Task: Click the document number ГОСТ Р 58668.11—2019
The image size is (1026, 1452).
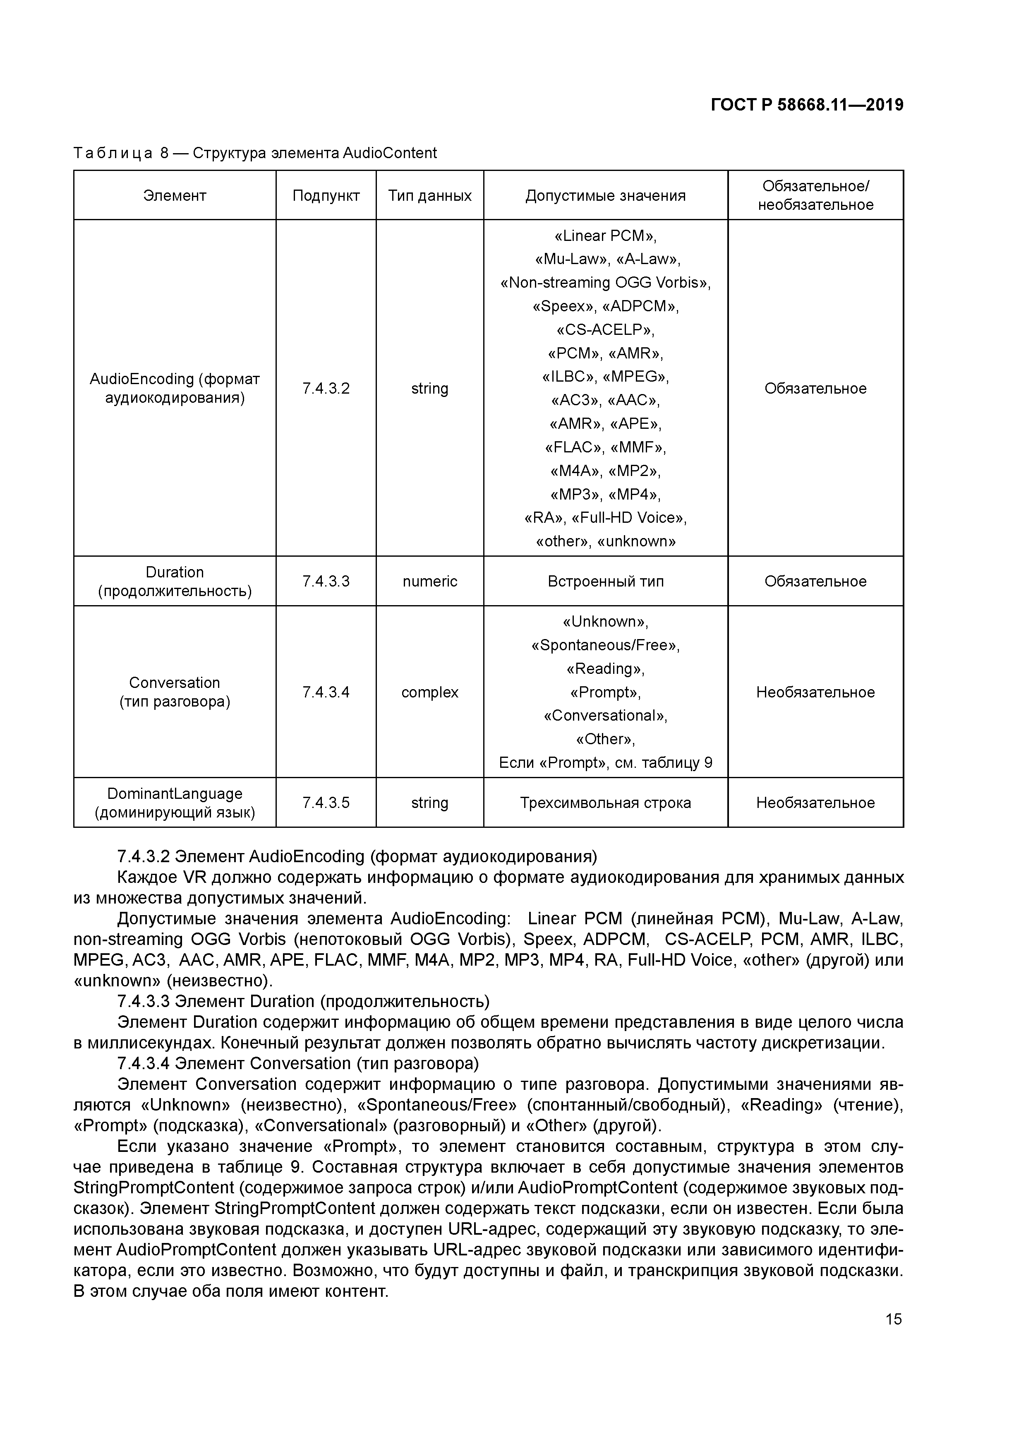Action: click(x=807, y=105)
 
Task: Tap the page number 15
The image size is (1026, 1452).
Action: click(x=893, y=1319)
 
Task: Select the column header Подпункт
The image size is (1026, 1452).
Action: click(x=326, y=195)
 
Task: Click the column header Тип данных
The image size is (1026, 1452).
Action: click(x=429, y=195)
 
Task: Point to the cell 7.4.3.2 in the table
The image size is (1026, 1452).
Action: click(x=326, y=388)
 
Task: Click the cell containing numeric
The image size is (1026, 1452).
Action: click(x=429, y=581)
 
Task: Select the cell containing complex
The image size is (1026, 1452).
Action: click(x=429, y=692)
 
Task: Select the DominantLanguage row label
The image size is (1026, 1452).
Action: click(x=175, y=793)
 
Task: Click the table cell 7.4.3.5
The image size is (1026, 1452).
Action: click(x=326, y=803)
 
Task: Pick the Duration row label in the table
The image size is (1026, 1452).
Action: click(x=175, y=572)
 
